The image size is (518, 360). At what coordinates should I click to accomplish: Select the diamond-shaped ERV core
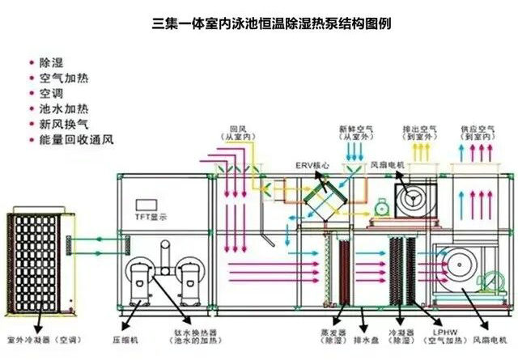[324, 196]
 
